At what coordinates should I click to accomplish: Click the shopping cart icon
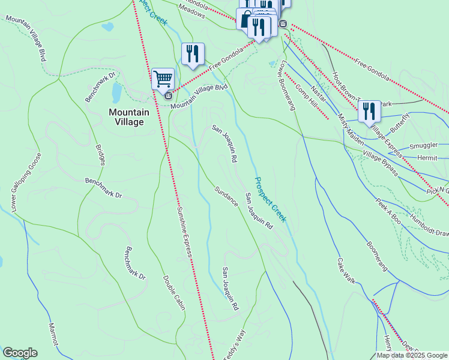[163, 78]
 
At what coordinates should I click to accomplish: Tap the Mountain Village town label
[126, 116]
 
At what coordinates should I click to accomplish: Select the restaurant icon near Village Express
[369, 111]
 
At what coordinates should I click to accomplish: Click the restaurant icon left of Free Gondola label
[193, 53]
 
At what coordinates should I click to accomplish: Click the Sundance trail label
[226, 196]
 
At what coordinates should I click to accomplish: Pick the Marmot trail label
[55, 333]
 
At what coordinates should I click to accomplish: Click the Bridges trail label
[100, 154]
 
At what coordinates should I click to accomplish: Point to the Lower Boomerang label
[288, 85]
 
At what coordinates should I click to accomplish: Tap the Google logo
[20, 353]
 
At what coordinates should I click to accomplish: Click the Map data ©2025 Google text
[412, 355]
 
